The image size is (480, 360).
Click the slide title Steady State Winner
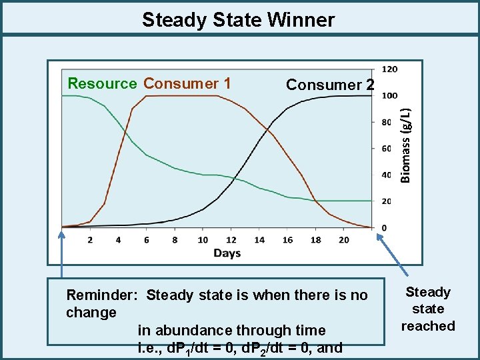(238, 19)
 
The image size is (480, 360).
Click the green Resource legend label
(102, 83)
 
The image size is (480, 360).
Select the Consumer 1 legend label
(187, 83)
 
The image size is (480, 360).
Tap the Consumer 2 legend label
(330, 85)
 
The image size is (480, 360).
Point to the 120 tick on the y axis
(389, 69)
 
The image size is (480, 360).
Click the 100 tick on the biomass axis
(389, 95)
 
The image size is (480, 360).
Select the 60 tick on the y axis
(387, 149)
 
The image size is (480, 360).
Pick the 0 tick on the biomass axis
(383, 228)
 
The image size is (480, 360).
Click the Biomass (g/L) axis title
(406, 136)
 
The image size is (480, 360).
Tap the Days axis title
(227, 253)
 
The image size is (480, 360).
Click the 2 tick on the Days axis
(90, 240)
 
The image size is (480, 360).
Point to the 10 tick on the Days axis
(203, 240)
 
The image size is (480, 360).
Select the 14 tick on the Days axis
(259, 240)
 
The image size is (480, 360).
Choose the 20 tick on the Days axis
(344, 240)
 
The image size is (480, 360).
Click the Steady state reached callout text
(427, 309)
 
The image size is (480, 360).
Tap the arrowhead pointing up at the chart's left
(62, 233)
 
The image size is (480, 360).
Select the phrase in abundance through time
(231, 330)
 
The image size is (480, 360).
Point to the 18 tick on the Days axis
(316, 240)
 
